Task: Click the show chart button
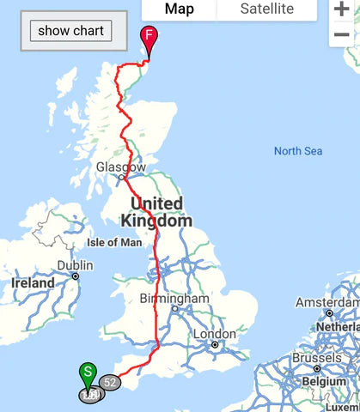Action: (x=70, y=31)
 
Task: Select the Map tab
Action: (x=179, y=9)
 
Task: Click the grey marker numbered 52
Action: (x=109, y=382)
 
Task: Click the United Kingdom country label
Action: (x=156, y=212)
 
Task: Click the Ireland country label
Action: (x=33, y=282)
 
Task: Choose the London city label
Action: (x=215, y=334)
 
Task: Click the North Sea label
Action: (x=298, y=151)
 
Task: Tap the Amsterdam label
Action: (x=326, y=303)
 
